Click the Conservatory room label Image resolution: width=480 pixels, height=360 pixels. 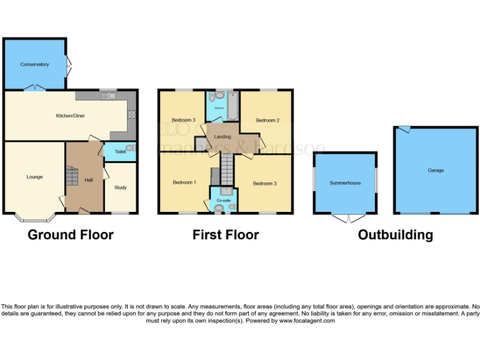coord(34,64)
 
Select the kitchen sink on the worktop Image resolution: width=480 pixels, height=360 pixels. coord(110,96)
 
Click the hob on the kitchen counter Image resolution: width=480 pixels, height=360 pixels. coord(131,114)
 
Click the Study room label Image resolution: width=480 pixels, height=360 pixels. coord(120,187)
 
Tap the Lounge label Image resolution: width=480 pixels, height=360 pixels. coord(34,177)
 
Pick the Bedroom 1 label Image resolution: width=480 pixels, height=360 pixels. coord(184,182)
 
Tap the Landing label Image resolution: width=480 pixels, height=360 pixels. coord(222,136)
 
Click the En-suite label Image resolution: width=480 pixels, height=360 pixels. coord(222,199)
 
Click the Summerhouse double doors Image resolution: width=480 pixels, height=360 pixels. coord(345,218)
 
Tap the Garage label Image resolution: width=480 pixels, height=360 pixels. coord(436,170)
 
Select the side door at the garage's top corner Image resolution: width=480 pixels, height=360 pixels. coord(404,129)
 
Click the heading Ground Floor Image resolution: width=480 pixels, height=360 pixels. coord(71,235)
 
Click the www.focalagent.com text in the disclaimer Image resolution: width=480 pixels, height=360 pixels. coord(307,321)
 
